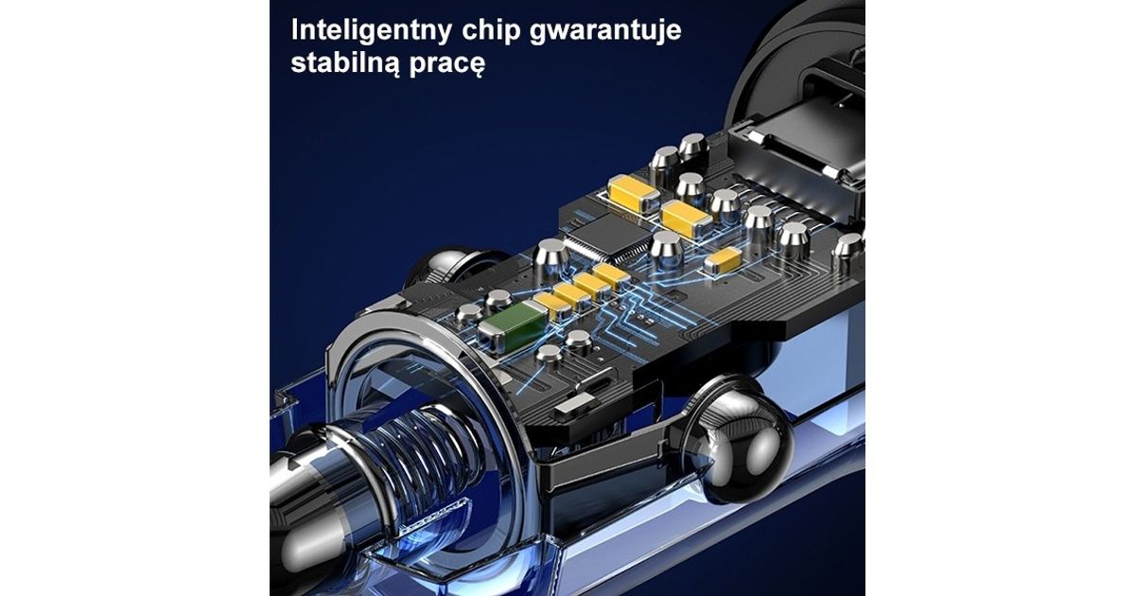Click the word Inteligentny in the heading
click(372, 30)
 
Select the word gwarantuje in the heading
click(605, 31)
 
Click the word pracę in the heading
click(446, 65)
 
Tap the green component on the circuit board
click(513, 326)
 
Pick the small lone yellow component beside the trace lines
click(723, 261)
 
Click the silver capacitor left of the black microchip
click(550, 258)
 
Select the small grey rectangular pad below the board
click(571, 407)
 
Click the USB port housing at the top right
click(806, 152)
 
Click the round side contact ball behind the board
click(445, 265)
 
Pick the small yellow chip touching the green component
click(551, 305)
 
